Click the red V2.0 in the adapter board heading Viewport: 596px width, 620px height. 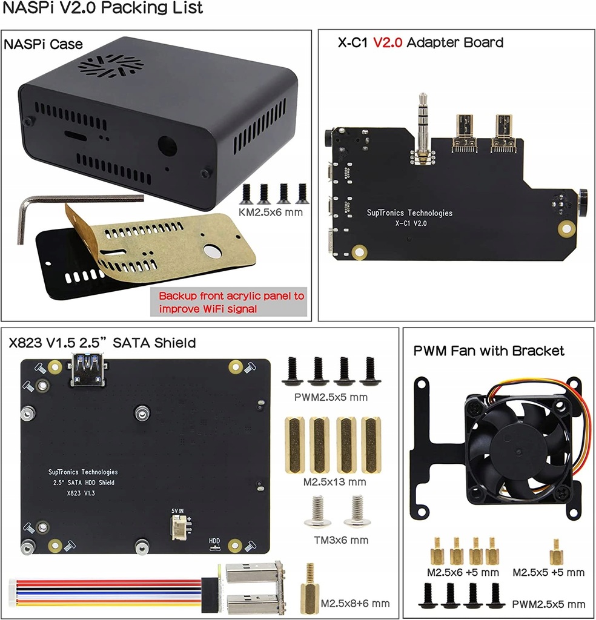[388, 42]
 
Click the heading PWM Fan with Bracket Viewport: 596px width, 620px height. [489, 351]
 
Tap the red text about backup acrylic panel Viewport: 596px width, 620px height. [231, 303]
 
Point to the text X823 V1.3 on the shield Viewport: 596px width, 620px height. [81, 494]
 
